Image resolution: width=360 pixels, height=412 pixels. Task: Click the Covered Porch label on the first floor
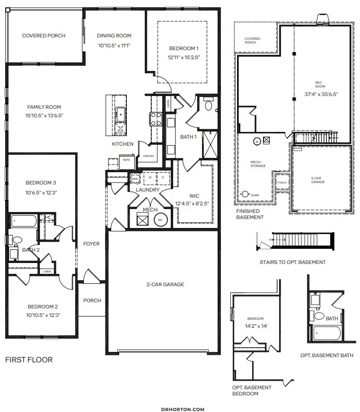[44, 35]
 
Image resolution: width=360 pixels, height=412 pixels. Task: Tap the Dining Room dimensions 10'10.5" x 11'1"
[114, 45]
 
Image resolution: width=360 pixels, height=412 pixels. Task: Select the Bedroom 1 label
[184, 48]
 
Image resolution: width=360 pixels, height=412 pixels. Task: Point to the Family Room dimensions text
[44, 115]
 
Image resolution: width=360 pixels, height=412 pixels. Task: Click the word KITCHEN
[123, 144]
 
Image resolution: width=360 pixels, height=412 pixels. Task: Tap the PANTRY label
[143, 156]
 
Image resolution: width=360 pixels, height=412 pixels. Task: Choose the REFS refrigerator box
[126, 160]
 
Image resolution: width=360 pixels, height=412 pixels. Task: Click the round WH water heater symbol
[160, 219]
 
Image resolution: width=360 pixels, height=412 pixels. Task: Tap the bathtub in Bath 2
[24, 221]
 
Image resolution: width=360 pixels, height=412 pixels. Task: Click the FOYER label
[91, 244]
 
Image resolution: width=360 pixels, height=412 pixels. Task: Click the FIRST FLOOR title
[29, 359]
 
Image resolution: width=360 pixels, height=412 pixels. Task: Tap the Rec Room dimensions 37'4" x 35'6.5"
[321, 94]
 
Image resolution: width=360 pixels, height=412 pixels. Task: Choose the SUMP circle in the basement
[246, 194]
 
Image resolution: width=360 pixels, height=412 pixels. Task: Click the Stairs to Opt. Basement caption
[292, 262]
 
